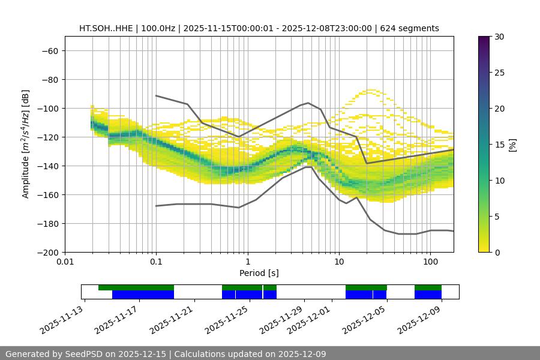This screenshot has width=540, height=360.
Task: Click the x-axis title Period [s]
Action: tap(259, 274)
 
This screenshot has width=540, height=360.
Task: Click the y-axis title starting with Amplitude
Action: tap(26, 144)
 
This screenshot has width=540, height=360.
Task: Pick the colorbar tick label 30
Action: tap(499, 37)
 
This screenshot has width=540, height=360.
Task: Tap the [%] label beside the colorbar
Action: tap(512, 145)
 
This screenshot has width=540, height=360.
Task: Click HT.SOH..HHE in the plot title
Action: tap(105, 28)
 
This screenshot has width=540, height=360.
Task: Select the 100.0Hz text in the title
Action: tap(158, 28)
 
